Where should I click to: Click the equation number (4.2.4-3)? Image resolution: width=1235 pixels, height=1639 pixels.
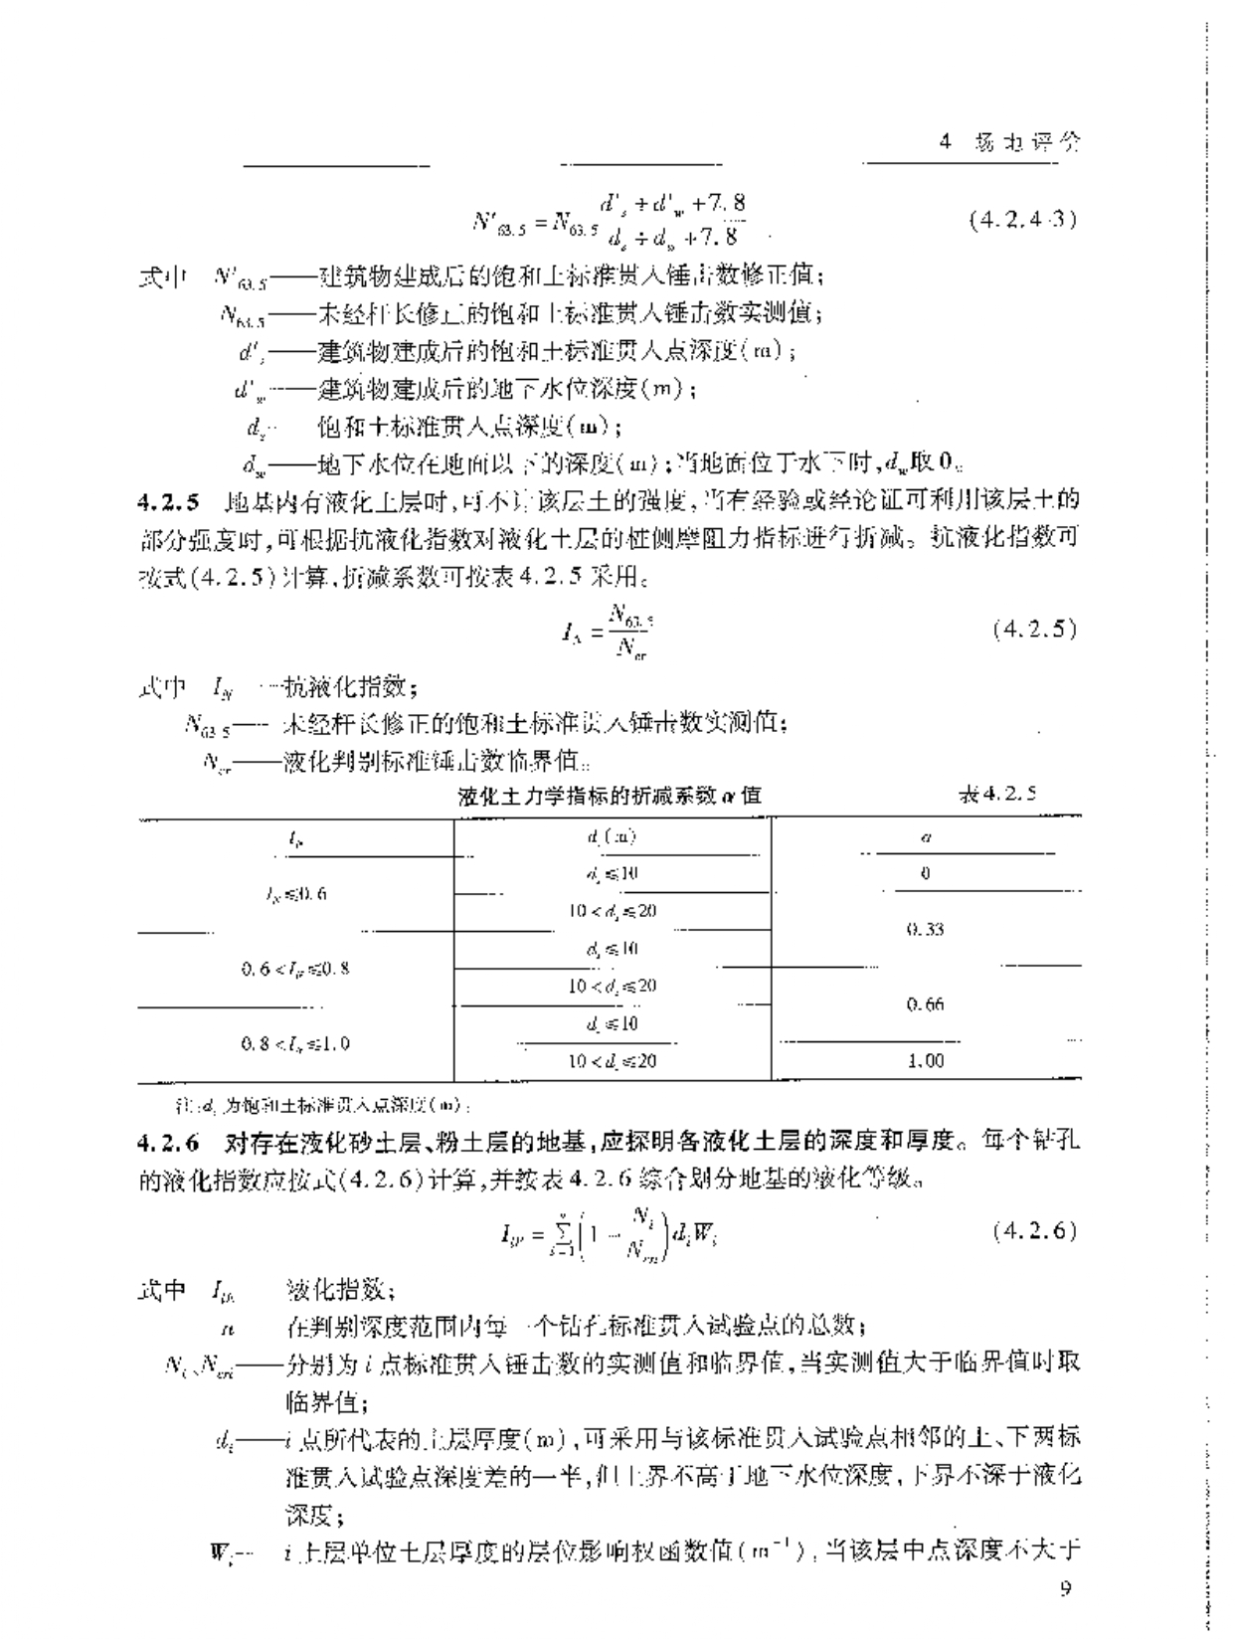(x=1022, y=220)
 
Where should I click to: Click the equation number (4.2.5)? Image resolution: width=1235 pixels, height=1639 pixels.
(x=1034, y=630)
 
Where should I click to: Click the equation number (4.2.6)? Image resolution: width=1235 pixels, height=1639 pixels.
(x=1034, y=1230)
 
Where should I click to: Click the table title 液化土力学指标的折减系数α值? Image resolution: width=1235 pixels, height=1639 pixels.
(x=611, y=795)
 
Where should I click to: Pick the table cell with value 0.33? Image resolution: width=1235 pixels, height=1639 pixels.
(x=925, y=930)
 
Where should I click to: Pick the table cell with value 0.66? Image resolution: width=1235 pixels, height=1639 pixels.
(x=925, y=1004)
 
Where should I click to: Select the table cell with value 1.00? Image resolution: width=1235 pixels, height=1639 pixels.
(x=925, y=1061)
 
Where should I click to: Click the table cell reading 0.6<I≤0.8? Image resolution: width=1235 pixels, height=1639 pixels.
(x=295, y=968)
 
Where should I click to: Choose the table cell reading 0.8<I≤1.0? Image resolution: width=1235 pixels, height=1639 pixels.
(x=295, y=1043)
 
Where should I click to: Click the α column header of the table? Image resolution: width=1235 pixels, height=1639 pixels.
(x=925, y=837)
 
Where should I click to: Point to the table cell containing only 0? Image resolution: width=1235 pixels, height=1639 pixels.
(x=925, y=874)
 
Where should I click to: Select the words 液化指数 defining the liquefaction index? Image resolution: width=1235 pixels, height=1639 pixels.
(x=341, y=1291)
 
